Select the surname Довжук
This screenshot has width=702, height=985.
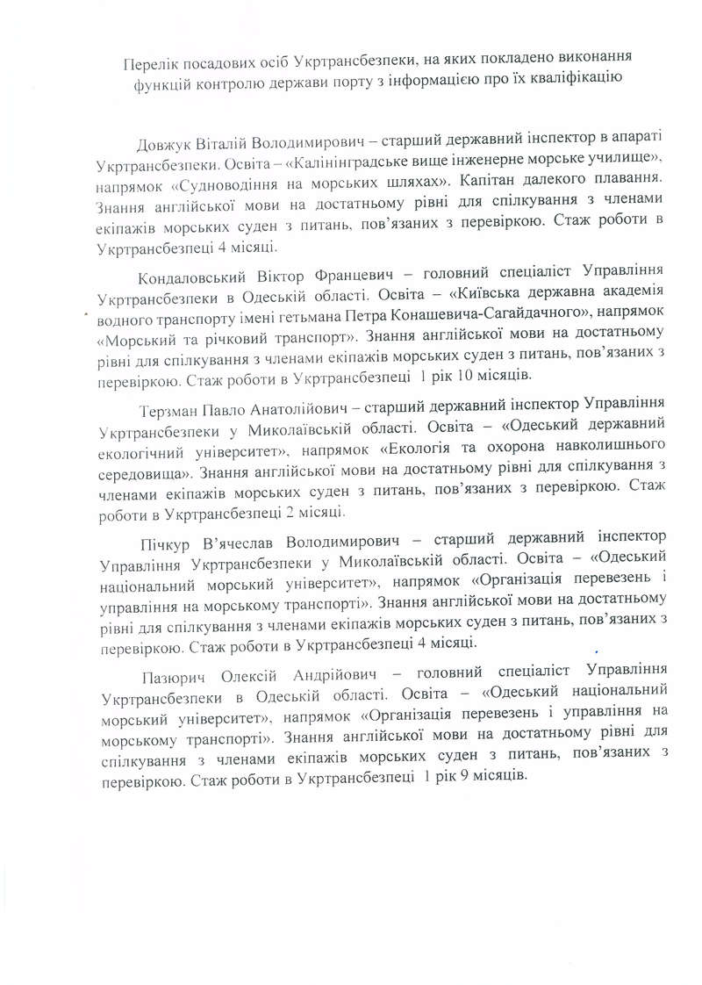coord(164,145)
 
